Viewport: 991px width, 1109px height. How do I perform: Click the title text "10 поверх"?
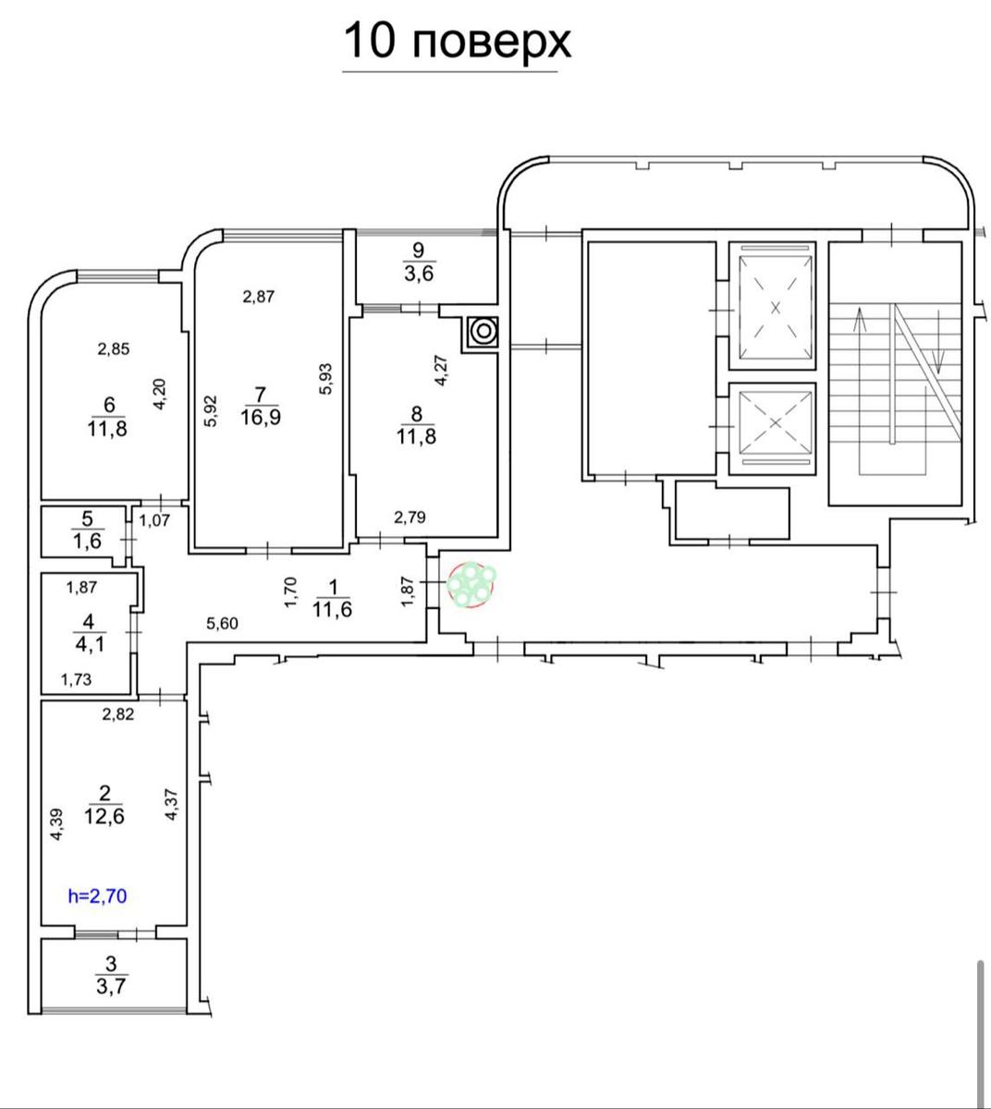pos(458,42)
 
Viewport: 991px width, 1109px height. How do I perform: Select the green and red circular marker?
pos(471,585)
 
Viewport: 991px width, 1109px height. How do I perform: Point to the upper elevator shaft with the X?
pos(775,308)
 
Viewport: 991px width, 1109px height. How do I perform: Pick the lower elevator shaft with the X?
pos(775,422)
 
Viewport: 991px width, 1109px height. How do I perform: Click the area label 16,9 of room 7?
pos(261,418)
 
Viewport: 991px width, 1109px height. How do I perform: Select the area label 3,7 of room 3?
pos(111,986)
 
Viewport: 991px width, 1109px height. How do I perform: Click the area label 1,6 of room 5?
pos(88,541)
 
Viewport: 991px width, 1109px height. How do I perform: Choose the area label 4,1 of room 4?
pos(90,644)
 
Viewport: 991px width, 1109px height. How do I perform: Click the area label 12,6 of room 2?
pos(104,816)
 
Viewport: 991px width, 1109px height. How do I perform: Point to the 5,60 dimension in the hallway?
pos(222,623)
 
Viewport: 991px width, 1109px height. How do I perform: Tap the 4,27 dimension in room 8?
pos(441,371)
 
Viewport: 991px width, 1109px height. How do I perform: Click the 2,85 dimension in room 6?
pos(114,348)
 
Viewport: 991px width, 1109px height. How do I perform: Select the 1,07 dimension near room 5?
pos(154,520)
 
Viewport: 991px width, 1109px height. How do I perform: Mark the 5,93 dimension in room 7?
pos(325,379)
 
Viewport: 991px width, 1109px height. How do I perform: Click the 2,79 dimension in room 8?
pos(410,517)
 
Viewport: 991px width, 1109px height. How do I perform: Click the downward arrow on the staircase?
pos(939,342)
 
